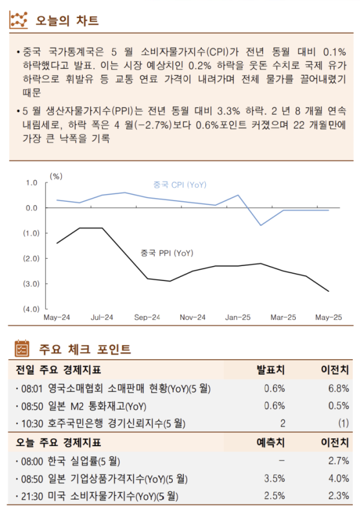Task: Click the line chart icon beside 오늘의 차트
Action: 19,20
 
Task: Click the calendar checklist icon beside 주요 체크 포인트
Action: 21,348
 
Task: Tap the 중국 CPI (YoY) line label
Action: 179,185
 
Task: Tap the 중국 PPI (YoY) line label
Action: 166,253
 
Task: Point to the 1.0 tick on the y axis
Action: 32,183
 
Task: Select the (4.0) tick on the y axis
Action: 31,309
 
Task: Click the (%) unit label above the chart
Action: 56,176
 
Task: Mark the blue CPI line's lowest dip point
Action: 260,225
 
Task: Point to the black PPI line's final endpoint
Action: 328,291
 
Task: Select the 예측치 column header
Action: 271,443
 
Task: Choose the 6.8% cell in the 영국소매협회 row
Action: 338,389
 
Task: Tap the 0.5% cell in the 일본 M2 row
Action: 338,406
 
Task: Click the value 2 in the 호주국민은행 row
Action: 282,423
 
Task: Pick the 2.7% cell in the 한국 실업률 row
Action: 338,461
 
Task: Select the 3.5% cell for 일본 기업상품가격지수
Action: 274,479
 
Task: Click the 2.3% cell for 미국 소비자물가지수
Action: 338,496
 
